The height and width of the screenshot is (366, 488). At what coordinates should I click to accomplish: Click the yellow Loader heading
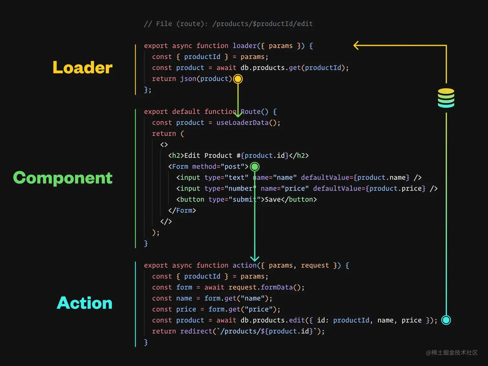tap(83, 67)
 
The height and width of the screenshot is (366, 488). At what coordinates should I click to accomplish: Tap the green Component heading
tap(63, 178)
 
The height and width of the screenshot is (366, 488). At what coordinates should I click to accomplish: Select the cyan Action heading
tap(85, 303)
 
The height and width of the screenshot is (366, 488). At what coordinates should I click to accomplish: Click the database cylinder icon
tap(446, 98)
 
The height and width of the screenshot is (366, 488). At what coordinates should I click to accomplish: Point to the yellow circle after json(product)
tap(238, 79)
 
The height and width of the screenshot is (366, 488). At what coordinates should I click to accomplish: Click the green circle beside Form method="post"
tap(255, 167)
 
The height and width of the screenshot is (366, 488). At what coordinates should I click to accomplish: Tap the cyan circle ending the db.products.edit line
tap(446, 320)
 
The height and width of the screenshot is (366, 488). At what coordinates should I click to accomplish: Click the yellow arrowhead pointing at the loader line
tap(356, 46)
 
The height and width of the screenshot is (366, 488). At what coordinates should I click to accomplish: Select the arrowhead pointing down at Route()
tap(238, 114)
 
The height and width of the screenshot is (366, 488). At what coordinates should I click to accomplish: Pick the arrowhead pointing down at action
tap(255, 258)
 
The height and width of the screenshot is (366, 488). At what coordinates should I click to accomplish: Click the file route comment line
tap(228, 24)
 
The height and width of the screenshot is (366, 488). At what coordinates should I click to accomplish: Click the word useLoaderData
tap(242, 123)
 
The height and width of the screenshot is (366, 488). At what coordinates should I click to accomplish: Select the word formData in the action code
tap(277, 287)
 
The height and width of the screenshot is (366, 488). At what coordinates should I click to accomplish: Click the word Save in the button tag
tap(273, 199)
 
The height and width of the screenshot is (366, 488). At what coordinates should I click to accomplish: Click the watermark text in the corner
tap(452, 352)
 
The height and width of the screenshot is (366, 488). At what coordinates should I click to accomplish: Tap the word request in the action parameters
tap(315, 265)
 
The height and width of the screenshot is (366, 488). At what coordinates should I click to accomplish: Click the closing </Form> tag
tap(182, 210)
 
